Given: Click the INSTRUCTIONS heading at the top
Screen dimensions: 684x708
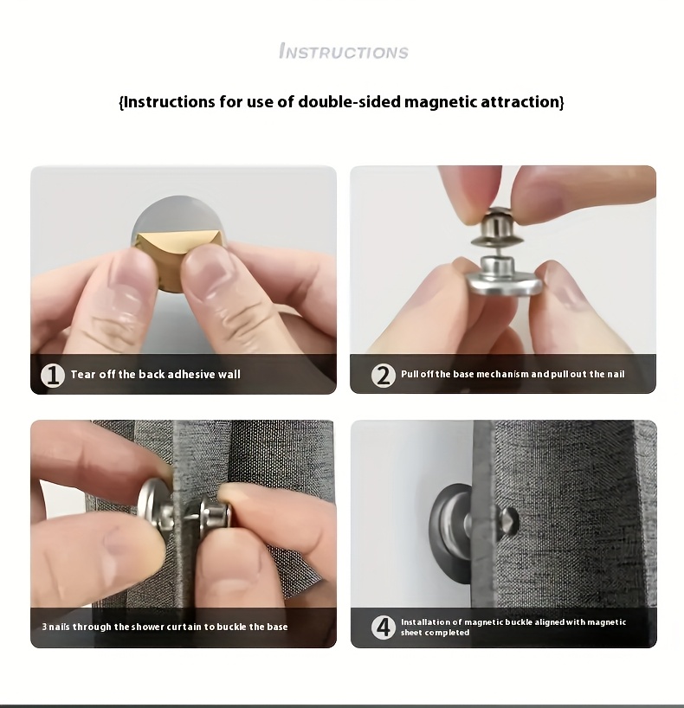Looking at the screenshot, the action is (x=344, y=51).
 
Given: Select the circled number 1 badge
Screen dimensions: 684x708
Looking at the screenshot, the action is (x=53, y=376).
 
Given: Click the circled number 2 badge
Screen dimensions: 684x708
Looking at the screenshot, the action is (x=383, y=375).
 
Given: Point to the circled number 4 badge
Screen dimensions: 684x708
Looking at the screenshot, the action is (x=383, y=627).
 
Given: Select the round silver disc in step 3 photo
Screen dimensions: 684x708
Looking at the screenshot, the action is (x=157, y=505).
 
